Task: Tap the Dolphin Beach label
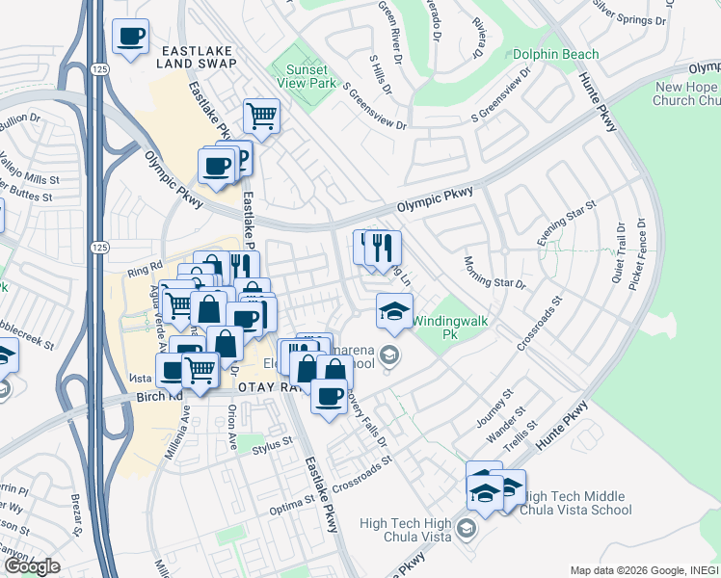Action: pos(555,55)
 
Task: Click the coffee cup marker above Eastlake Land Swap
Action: pos(131,38)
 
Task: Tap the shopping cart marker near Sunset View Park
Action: pos(261,117)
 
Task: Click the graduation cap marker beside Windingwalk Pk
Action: pos(393,311)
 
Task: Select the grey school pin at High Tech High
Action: pos(467,528)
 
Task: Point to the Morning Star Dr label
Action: pos(494,273)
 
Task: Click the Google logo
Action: pos(32,566)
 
